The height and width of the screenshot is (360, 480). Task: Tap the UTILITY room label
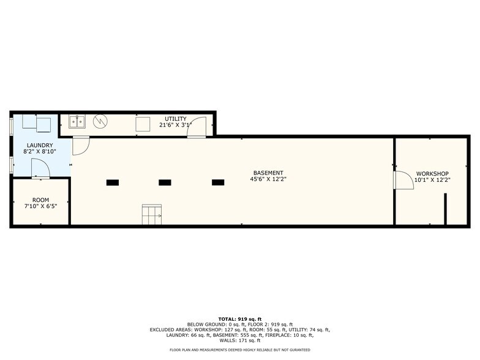pyautogui.click(x=176, y=118)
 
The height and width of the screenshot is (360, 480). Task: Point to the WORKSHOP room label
pyautogui.click(x=432, y=173)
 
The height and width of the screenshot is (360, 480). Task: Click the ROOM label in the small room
pyautogui.click(x=41, y=200)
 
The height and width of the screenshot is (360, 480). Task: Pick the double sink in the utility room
pyautogui.click(x=77, y=121)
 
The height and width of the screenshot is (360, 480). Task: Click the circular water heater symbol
pyautogui.click(x=100, y=121)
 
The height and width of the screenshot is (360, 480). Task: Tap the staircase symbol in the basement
pyautogui.click(x=152, y=214)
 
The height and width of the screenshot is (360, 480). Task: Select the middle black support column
pyautogui.click(x=165, y=182)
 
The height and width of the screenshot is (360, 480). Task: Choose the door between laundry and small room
pyautogui.click(x=40, y=168)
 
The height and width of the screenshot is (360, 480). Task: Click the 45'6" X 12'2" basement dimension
pyautogui.click(x=268, y=179)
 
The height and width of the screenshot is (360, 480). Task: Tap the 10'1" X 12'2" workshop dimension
pyautogui.click(x=432, y=180)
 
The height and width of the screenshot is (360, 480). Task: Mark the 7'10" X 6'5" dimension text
pyautogui.click(x=41, y=206)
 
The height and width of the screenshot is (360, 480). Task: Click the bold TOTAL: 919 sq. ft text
pyautogui.click(x=239, y=319)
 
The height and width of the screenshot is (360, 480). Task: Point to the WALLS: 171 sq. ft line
pyautogui.click(x=240, y=340)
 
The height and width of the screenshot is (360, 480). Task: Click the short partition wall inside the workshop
pyautogui.click(x=446, y=209)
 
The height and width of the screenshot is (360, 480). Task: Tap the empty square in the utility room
pyautogui.click(x=143, y=124)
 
